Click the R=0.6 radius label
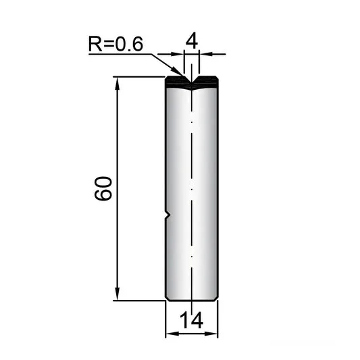click(115, 44)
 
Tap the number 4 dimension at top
click(192, 41)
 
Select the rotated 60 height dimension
click(103, 188)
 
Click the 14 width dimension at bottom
click(191, 320)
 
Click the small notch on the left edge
click(168, 215)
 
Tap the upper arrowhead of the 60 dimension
click(118, 84)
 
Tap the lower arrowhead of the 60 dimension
click(118, 293)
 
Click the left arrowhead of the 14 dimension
click(172, 334)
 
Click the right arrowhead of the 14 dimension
click(211, 334)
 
